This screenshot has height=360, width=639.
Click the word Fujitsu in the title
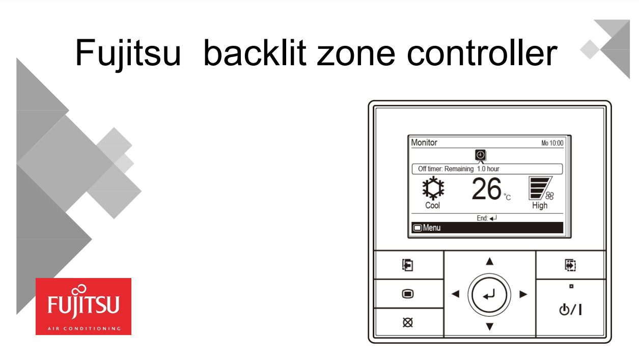[x=128, y=53]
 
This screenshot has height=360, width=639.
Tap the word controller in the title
[x=482, y=53]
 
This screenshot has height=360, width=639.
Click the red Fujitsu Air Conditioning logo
[x=84, y=306]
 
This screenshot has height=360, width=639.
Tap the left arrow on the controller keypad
[x=455, y=294]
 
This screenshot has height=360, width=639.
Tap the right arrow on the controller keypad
[x=523, y=294]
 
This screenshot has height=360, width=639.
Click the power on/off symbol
[x=570, y=309]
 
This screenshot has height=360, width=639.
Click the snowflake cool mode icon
[x=433, y=189]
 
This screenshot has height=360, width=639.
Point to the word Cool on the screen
[x=433, y=206]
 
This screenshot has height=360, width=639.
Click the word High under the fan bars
[x=540, y=206]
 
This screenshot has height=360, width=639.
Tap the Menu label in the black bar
[x=431, y=228]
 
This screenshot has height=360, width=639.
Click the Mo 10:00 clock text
[x=552, y=144]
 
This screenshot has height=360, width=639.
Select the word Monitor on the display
[x=424, y=143]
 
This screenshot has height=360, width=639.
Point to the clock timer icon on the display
[x=480, y=155]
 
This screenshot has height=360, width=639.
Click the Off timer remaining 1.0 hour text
[x=458, y=169]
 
